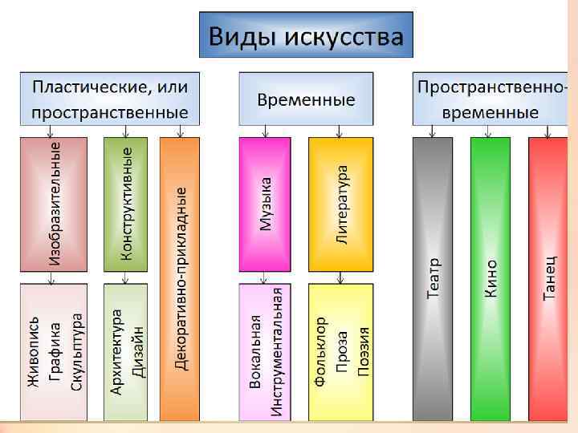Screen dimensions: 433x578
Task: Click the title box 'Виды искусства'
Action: pos(306,35)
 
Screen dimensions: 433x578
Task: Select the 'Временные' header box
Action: pos(306,99)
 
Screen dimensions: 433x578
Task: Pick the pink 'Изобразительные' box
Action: pos(55,204)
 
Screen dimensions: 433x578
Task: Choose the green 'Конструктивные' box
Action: pos(126,204)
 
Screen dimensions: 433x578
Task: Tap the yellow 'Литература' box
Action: pos(341,204)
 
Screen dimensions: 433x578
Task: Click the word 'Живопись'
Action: pos(35,352)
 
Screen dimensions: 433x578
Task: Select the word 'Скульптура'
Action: pos(77,352)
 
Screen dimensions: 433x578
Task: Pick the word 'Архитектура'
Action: pos(116,352)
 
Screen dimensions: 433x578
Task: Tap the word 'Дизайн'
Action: pos(137,352)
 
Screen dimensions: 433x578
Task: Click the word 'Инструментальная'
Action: pos(276,352)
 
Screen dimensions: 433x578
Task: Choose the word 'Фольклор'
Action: pos(320,352)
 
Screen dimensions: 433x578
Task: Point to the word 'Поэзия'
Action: pos(363,352)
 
